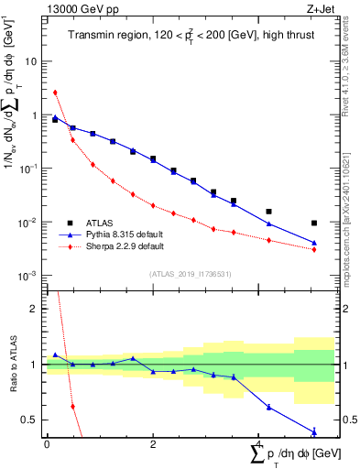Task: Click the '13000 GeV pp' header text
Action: (x=75, y=8)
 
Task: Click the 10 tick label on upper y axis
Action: (x=30, y=61)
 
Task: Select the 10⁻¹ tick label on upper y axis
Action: (x=28, y=169)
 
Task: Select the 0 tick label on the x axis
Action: (x=47, y=444)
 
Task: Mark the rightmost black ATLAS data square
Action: (x=314, y=223)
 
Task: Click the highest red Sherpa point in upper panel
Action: (x=55, y=93)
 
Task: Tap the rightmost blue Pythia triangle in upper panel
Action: (x=314, y=243)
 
